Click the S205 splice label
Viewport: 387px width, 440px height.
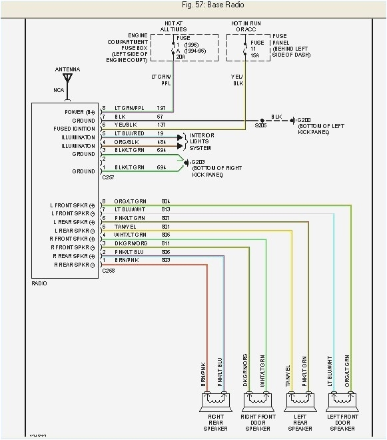tap(260, 125)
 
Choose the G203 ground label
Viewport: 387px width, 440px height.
tap(198, 162)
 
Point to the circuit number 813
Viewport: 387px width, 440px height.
tap(166, 209)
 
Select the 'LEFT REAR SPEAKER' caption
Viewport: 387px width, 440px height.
tap(299, 421)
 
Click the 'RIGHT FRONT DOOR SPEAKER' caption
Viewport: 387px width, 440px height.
tap(257, 421)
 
